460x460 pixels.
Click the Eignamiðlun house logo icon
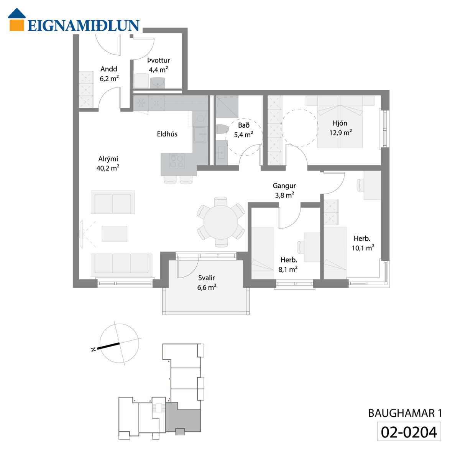point(17,20)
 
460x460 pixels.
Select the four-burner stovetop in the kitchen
point(177,161)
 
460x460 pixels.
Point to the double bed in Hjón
point(340,122)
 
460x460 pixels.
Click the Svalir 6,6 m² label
point(207,283)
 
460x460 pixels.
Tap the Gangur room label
point(284,186)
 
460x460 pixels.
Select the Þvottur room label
point(158,61)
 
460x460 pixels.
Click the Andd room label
point(109,69)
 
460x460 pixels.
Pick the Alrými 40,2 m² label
point(108,164)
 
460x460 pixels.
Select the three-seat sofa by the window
point(122,263)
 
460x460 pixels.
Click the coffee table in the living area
point(114,234)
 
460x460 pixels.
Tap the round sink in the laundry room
point(157,82)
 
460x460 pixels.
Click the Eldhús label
point(167,134)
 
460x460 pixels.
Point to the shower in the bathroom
point(227,107)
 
